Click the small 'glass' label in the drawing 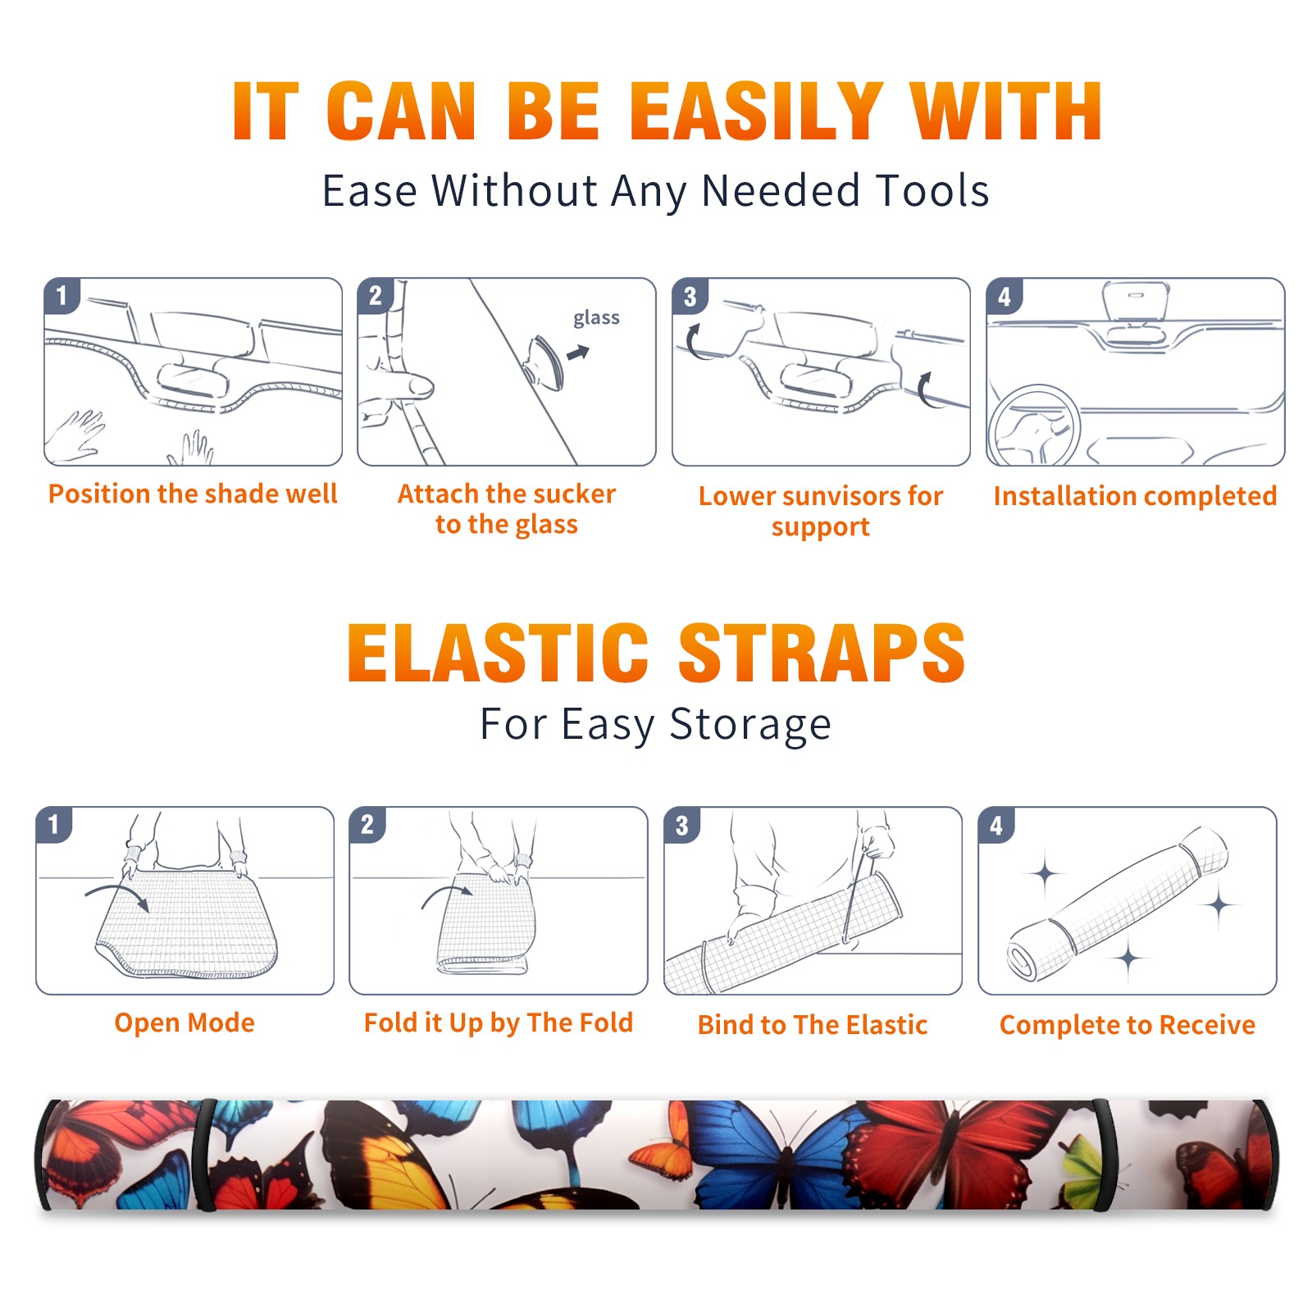pyautogui.click(x=596, y=318)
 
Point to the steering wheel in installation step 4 pyautogui.click(x=1033, y=426)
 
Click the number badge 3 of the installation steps pyautogui.click(x=690, y=296)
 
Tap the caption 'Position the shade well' pyautogui.click(x=193, y=494)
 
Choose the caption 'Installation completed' pyautogui.click(x=1135, y=496)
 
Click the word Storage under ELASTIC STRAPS pyautogui.click(x=750, y=725)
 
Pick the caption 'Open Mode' pyautogui.click(x=184, y=1023)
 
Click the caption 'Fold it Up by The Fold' pyautogui.click(x=499, y=1023)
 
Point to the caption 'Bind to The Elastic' pyautogui.click(x=813, y=1025)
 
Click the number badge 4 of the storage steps pyautogui.click(x=996, y=825)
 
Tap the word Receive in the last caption pyautogui.click(x=1207, y=1025)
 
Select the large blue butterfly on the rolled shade pyautogui.click(x=775, y=1152)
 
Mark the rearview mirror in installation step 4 pyautogui.click(x=1136, y=302)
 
